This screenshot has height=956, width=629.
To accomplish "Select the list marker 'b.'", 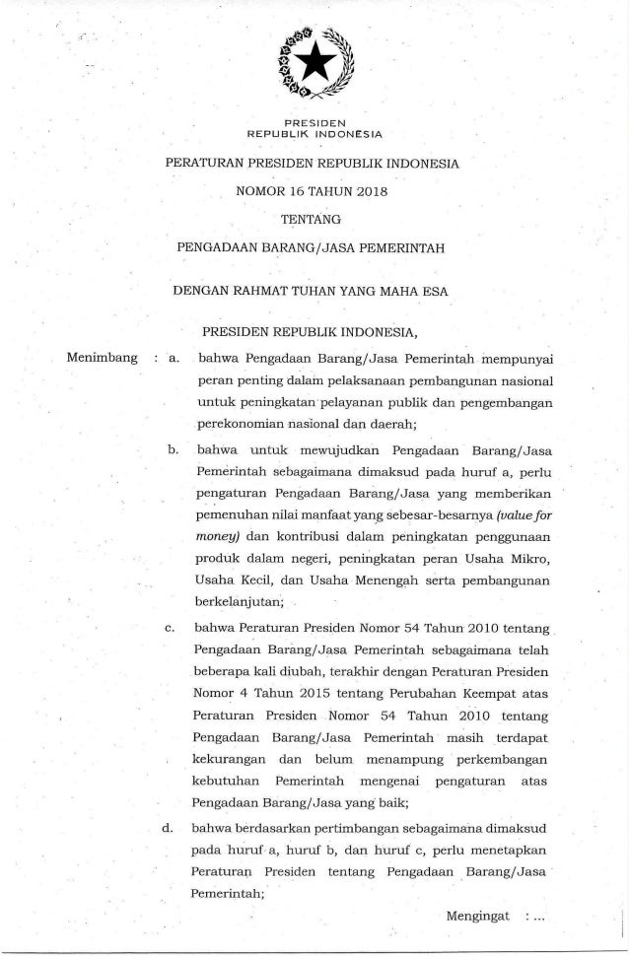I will coord(173,450).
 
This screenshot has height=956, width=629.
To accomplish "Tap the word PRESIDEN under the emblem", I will coord(314,121).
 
